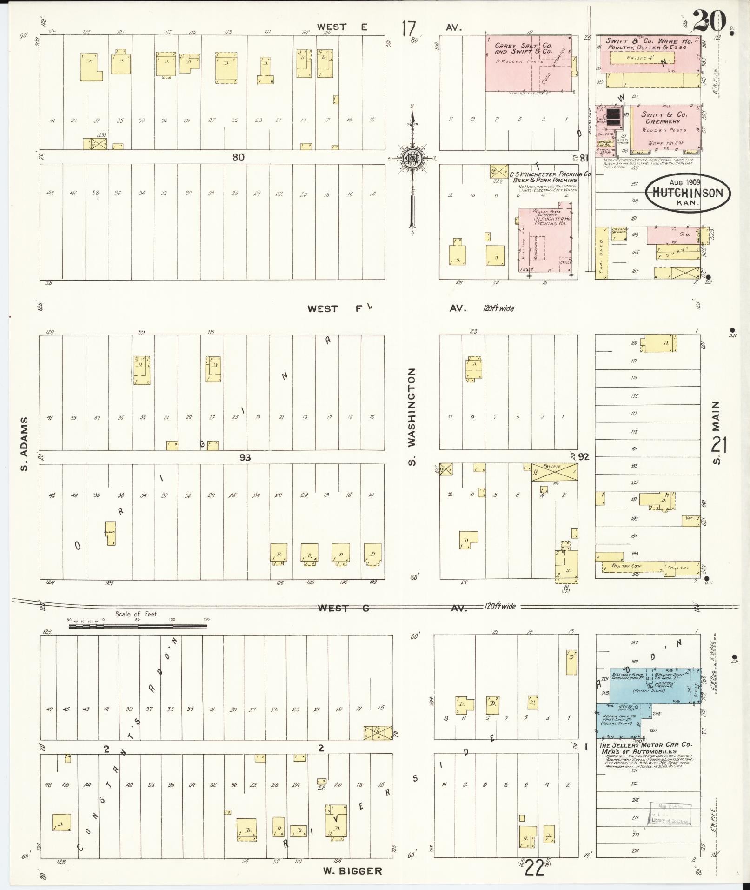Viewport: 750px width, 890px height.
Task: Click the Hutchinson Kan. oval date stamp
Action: point(688,192)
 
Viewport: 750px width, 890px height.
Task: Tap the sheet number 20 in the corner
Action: point(710,20)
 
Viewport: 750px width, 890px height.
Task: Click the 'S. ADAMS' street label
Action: point(25,443)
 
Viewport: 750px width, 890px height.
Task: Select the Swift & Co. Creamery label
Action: point(662,118)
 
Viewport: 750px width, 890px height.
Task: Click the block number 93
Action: point(245,458)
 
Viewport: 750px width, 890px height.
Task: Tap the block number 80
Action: point(238,157)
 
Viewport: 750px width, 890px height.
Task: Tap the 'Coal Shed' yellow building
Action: point(602,253)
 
